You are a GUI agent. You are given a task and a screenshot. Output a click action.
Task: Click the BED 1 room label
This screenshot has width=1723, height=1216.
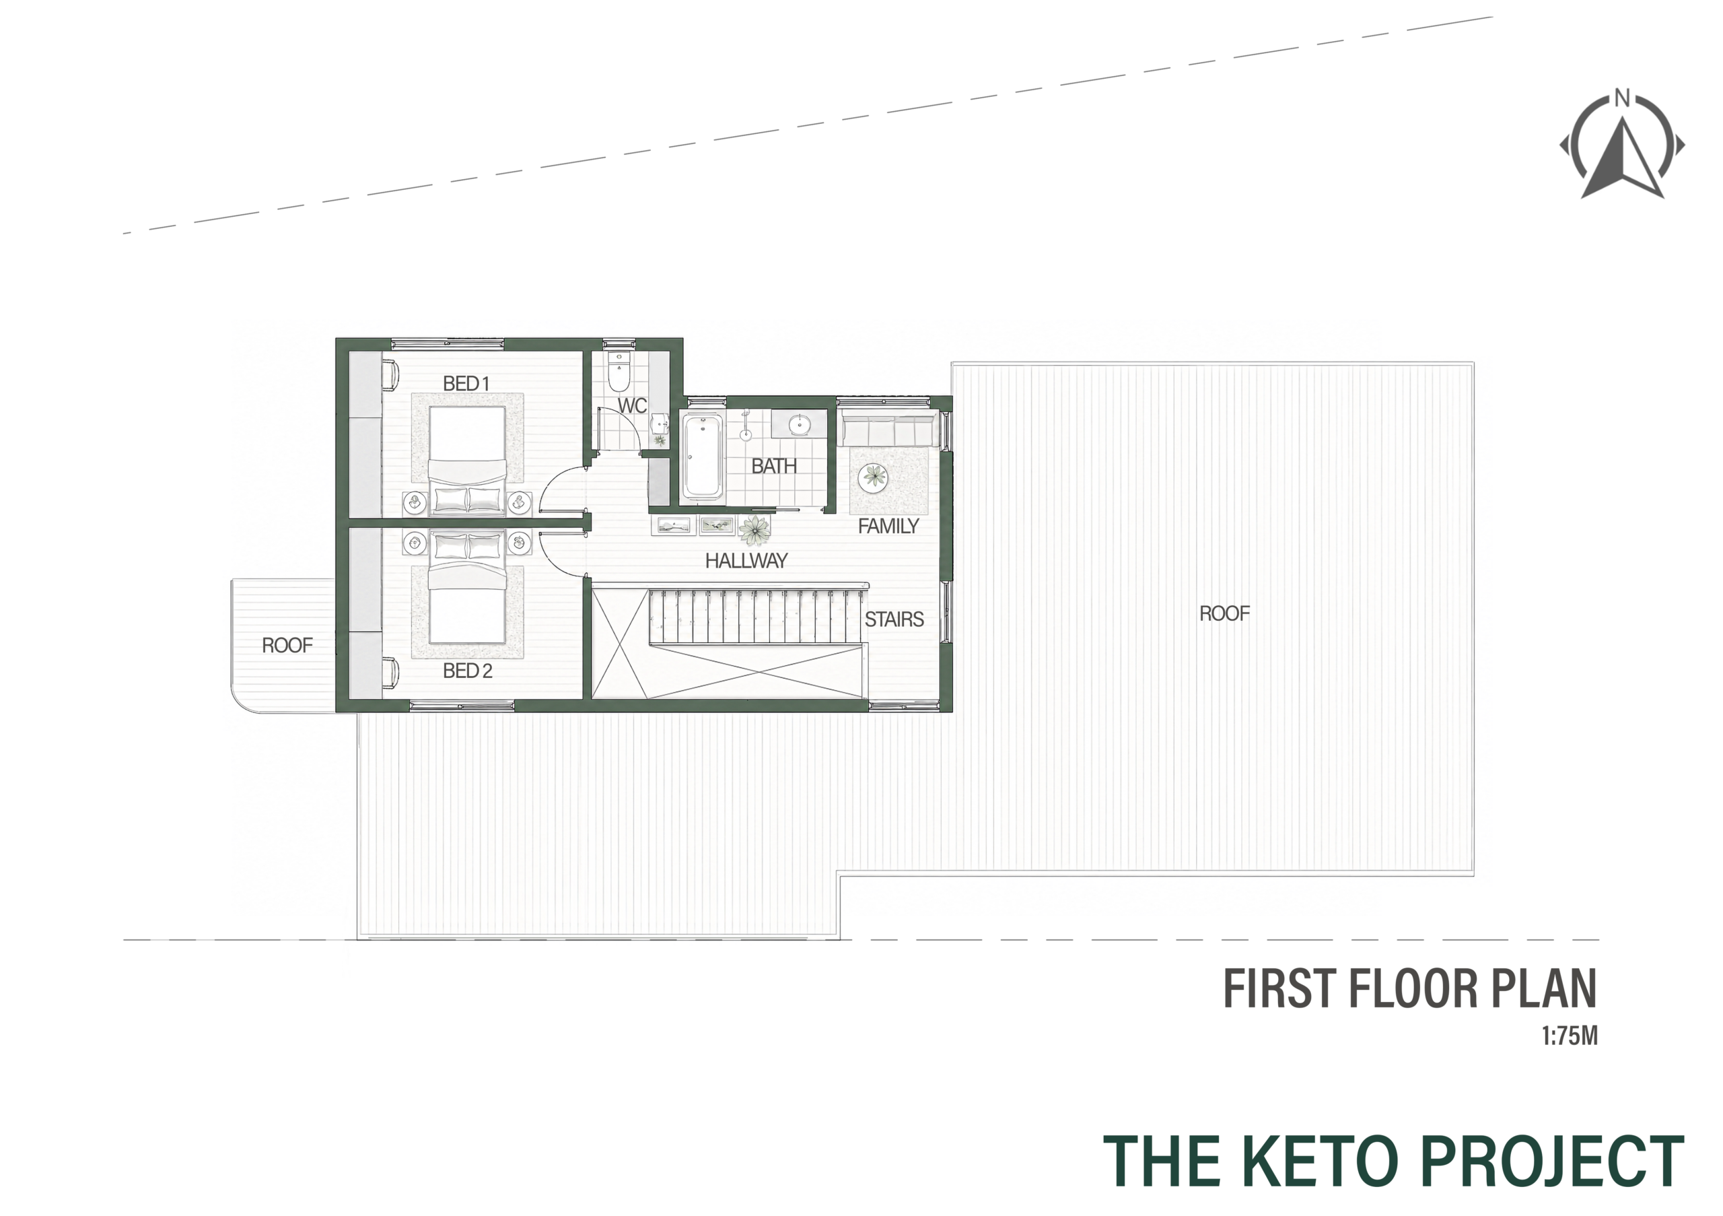[x=466, y=384]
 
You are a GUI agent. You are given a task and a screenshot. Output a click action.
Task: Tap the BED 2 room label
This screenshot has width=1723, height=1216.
[x=468, y=671]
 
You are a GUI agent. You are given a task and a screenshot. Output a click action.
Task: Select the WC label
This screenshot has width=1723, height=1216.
[x=632, y=406]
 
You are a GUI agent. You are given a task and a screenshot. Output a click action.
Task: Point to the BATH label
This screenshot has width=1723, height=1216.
[x=774, y=466]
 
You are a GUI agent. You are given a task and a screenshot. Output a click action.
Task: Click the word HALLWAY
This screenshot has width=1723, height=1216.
[x=746, y=561]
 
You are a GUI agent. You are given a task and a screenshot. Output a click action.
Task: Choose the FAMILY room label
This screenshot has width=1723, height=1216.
[x=888, y=526]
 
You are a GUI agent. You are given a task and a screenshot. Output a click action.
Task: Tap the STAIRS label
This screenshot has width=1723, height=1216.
[x=894, y=619]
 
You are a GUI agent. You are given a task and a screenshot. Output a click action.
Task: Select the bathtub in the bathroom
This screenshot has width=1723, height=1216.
[x=703, y=457]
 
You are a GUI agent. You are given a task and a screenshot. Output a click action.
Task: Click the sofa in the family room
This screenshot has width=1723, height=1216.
[x=888, y=430]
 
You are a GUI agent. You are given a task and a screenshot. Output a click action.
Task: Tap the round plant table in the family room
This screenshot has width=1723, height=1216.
[x=874, y=477]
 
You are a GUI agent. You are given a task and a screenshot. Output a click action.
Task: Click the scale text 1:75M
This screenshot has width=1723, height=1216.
[x=1569, y=1037]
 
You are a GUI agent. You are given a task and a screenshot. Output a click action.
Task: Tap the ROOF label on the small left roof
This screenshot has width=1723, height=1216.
[x=287, y=646]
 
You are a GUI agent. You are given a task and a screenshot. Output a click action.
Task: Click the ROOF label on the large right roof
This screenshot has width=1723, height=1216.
[x=1225, y=614]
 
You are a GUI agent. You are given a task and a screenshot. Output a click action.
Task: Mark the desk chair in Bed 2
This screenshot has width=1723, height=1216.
[x=391, y=673]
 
